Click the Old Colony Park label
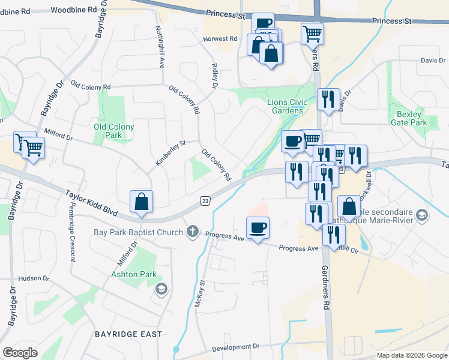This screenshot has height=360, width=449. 114,131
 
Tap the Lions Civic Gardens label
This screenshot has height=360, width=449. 286,106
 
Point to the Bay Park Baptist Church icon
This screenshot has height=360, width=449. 193,232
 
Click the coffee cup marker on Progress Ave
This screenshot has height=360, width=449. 258,228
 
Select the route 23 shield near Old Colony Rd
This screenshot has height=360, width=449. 205,200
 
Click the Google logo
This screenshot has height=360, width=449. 20,353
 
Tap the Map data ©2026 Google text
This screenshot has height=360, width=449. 412,355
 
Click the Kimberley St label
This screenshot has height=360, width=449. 171,153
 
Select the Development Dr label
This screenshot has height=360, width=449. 235,347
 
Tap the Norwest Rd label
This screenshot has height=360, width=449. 220,38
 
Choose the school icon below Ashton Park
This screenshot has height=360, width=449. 161,290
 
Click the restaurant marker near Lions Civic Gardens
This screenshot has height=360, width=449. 328,99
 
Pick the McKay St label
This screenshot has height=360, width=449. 200,294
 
